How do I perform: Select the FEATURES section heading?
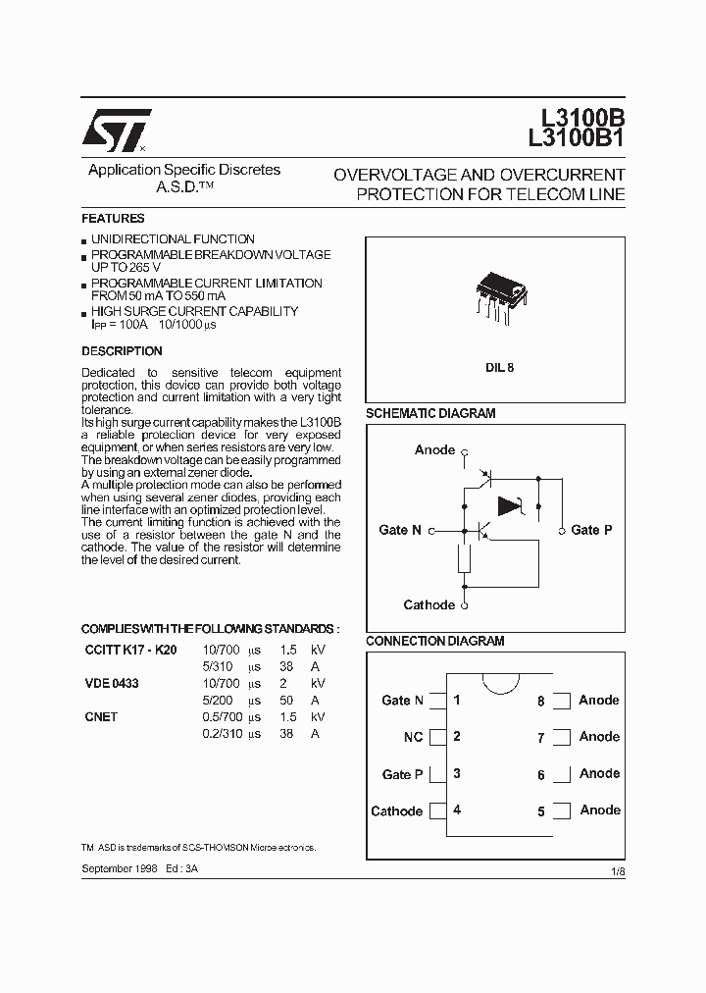[x=113, y=219]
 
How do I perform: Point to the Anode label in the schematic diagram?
[x=434, y=450]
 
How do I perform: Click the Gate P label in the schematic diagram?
[x=591, y=530]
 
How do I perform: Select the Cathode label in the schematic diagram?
[x=429, y=605]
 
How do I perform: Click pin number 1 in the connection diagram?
[x=457, y=700]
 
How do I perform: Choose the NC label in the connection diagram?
[x=413, y=737]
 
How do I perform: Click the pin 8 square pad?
[x=561, y=701]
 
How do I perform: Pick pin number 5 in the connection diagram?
[x=541, y=811]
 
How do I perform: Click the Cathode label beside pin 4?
[x=397, y=811]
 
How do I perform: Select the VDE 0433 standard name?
[x=112, y=683]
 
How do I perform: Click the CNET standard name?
[x=101, y=717]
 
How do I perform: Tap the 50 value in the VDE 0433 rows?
[x=287, y=701]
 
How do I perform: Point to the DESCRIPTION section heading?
[x=122, y=351]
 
